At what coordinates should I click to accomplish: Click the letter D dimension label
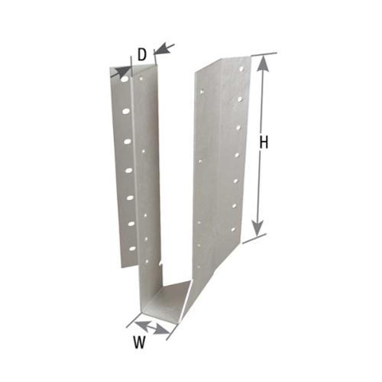click(x=142, y=54)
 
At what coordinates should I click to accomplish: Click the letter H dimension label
click(x=264, y=142)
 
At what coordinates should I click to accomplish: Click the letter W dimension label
click(x=139, y=342)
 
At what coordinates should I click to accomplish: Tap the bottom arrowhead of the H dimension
click(x=258, y=228)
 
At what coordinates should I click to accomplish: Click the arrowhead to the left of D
click(x=121, y=71)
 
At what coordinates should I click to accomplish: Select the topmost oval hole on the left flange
click(x=125, y=79)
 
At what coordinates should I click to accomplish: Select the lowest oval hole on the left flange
click(x=132, y=248)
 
